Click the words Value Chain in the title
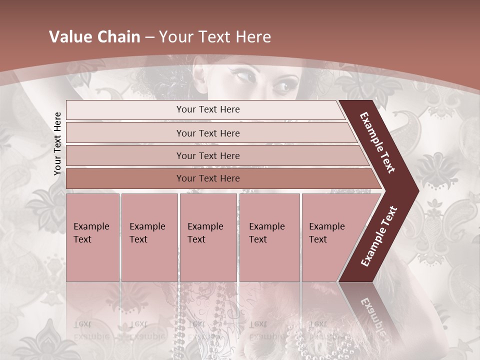pyautogui.click(x=94, y=37)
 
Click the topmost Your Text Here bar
pyautogui.click(x=207, y=109)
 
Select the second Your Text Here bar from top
pyautogui.click(x=207, y=133)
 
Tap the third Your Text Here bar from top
pyautogui.click(x=207, y=155)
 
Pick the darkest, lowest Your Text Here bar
pyautogui.click(x=207, y=178)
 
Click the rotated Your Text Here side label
pyautogui.click(x=57, y=143)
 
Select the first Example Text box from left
pyautogui.click(x=92, y=237)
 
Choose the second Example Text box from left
pyautogui.click(x=149, y=237)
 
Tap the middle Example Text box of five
pyautogui.click(x=208, y=237)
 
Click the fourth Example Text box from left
pyautogui.click(x=269, y=237)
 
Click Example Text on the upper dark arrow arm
pyautogui.click(x=378, y=142)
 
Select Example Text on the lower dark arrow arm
pyautogui.click(x=379, y=236)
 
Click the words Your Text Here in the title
pyautogui.click(x=215, y=37)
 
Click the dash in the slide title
pyautogui.click(x=149, y=37)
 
